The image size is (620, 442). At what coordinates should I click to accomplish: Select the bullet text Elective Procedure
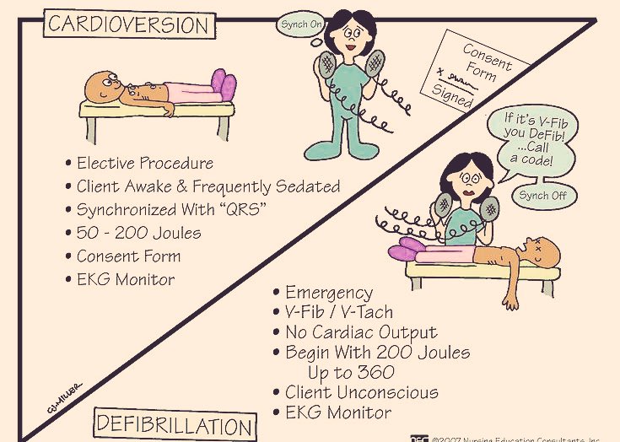pos(144,164)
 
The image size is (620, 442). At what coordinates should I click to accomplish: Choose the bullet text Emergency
pos(329,293)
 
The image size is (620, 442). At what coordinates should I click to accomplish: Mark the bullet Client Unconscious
pos(361,392)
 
